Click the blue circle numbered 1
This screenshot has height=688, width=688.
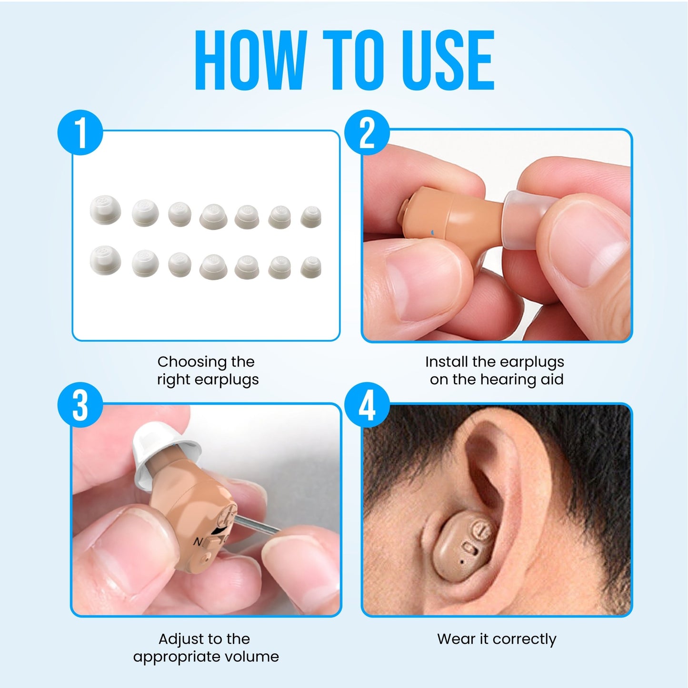tap(80, 133)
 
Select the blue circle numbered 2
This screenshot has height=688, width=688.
tap(367, 133)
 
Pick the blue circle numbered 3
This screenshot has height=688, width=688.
tap(80, 405)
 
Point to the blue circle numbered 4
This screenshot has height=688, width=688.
tap(367, 405)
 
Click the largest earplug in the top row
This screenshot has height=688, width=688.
tap(105, 209)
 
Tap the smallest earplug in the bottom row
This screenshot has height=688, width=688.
tap(311, 267)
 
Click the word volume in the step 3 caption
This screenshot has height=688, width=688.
tap(251, 657)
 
